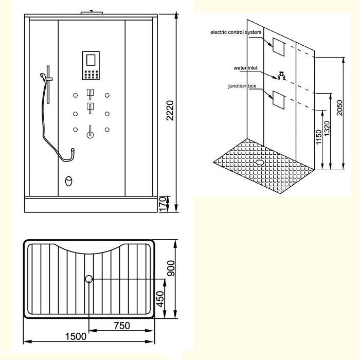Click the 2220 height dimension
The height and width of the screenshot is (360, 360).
coord(170,111)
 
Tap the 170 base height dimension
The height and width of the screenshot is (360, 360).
coord(162,204)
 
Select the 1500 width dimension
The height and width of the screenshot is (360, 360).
coord(76,336)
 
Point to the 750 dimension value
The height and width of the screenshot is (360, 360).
coord(122,326)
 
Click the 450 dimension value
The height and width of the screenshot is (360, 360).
coord(160,299)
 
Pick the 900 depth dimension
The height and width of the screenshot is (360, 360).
coord(171,268)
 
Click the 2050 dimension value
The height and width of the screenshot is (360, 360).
coord(339,108)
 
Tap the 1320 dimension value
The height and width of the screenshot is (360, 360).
coord(327,129)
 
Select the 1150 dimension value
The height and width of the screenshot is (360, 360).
coord(319,137)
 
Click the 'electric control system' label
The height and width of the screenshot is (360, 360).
coord(236,32)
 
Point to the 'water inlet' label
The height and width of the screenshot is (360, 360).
coord(245,68)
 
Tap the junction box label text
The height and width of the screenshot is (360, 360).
coord(242,86)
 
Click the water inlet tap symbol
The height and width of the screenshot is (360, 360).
coord(282,76)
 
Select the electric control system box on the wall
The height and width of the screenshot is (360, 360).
coord(279,47)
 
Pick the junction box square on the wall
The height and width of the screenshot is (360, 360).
coord(279,100)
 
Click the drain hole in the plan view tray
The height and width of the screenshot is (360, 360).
coord(89,279)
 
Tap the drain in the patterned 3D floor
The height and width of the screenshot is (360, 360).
coord(260,163)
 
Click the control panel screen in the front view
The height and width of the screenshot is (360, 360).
coord(91,60)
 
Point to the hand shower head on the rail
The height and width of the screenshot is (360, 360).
coord(43,76)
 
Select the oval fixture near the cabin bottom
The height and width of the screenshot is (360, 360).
coord(68,181)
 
